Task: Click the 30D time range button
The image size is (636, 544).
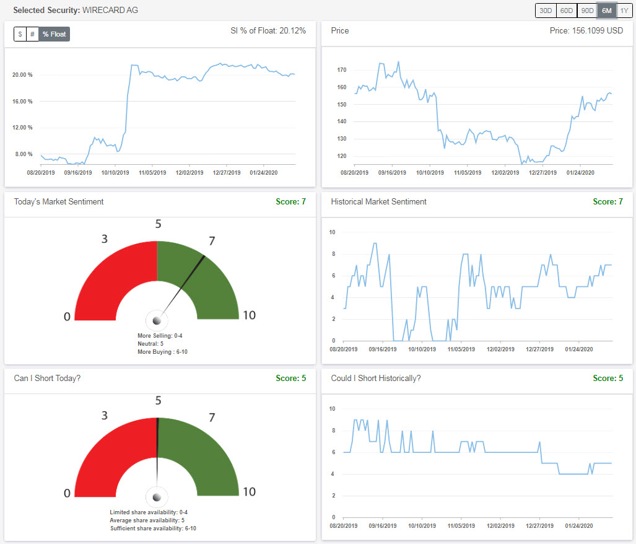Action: [x=545, y=11]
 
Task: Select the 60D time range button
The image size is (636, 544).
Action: [x=566, y=11]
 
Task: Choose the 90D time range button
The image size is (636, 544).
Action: [x=586, y=11]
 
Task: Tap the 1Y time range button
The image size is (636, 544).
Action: [x=624, y=11]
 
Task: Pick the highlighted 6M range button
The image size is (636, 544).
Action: [x=606, y=11]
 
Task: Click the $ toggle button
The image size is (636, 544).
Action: [x=20, y=34]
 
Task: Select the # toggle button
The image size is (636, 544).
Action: [x=32, y=34]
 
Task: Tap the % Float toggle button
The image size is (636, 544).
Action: [x=54, y=34]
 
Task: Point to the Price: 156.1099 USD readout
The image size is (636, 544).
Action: [x=586, y=30]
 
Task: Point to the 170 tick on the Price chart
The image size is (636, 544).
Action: [x=342, y=70]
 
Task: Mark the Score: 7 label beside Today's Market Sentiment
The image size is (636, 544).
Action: [x=294, y=201]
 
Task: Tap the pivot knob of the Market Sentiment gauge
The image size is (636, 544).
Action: [x=157, y=320]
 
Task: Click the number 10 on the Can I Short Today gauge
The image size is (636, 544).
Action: [x=248, y=492]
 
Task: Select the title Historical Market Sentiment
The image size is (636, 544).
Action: [x=378, y=201]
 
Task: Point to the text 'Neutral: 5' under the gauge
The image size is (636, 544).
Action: [x=150, y=343]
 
